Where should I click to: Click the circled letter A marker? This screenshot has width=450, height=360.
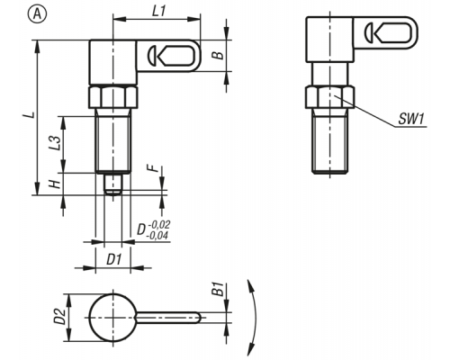point(38,14)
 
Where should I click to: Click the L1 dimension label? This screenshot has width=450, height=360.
point(159,12)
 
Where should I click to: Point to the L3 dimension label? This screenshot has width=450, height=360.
point(54,143)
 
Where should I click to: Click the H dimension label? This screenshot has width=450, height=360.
point(55,184)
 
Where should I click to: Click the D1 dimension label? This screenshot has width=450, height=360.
point(114,259)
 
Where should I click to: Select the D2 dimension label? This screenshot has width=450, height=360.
point(59,316)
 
